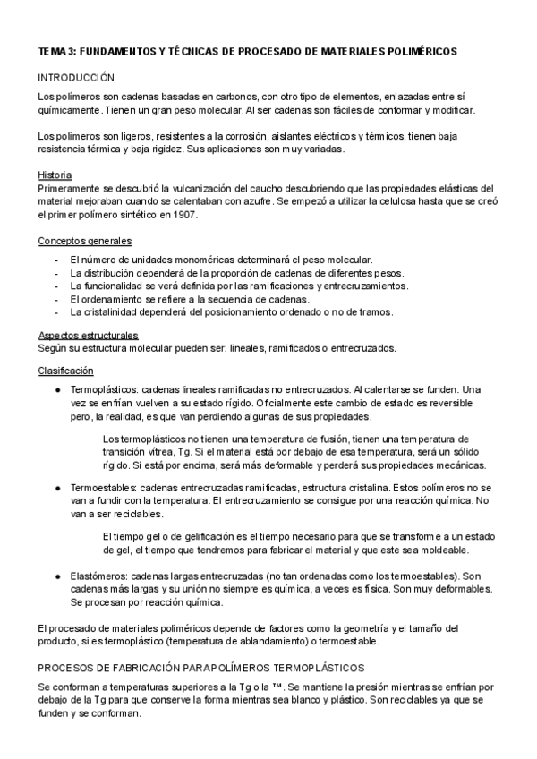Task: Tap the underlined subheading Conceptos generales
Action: coord(85,243)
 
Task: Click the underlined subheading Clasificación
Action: coord(65,371)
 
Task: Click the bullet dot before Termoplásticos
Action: coord(58,390)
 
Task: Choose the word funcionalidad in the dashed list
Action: coord(115,286)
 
